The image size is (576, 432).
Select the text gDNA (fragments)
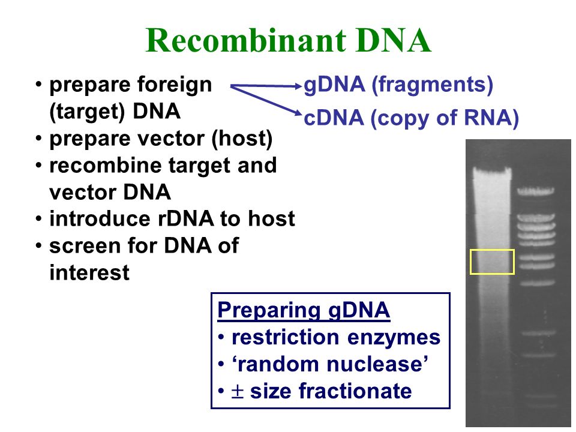pos(398,85)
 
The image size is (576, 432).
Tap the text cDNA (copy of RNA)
pos(412,118)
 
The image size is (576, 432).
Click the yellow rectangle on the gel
pos(492,262)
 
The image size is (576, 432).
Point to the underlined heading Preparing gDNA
pos(304,311)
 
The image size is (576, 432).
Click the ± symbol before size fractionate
pos(238,392)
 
